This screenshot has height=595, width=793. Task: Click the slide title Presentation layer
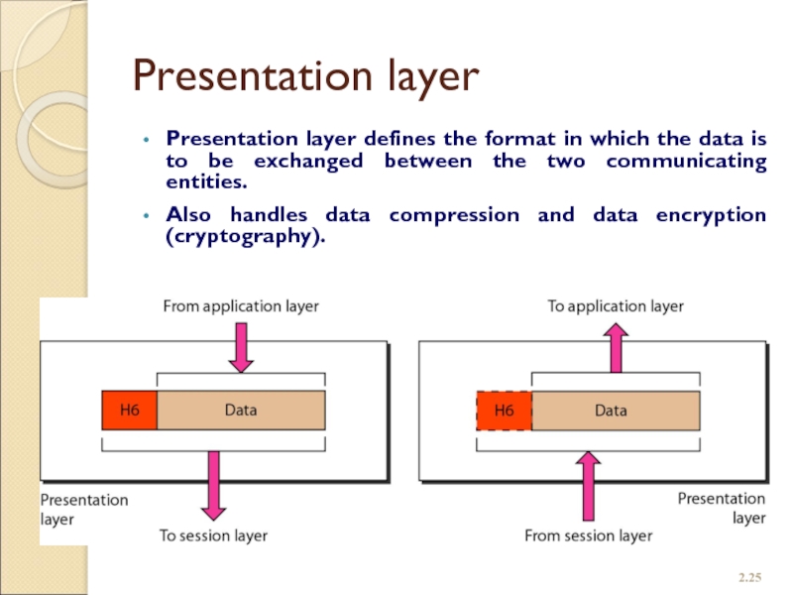click(306, 75)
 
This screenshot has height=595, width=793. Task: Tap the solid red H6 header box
click(129, 410)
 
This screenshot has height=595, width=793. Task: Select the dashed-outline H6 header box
click(504, 410)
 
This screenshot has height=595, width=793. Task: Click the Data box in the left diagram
click(241, 410)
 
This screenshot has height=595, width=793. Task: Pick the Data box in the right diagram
click(615, 410)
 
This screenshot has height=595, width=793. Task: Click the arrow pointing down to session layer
click(213, 487)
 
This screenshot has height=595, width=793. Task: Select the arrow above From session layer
click(589, 485)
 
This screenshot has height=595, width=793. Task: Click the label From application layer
click(241, 306)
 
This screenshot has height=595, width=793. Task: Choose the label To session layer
click(213, 535)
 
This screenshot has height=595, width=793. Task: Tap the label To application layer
click(616, 306)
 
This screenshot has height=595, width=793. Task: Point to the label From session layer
click(588, 535)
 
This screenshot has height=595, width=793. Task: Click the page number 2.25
click(750, 576)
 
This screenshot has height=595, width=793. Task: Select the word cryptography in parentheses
click(245, 239)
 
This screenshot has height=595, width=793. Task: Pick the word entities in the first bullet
click(205, 182)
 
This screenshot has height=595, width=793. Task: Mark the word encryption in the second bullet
click(706, 214)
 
